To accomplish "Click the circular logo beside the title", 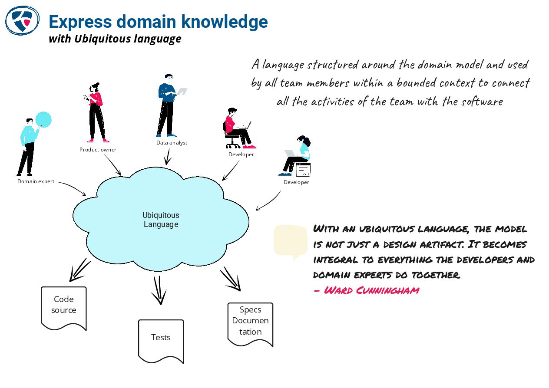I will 22,20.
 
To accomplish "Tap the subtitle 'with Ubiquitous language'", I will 115,39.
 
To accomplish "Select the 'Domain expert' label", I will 36,181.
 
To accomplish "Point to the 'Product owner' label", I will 98,150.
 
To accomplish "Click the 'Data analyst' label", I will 172,143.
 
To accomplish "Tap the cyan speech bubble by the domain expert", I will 43,119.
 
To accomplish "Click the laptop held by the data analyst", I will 182,92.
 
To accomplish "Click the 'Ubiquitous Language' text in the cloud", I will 161,220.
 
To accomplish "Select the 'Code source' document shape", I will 64,307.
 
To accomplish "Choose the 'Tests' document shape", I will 161,340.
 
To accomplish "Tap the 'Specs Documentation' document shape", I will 250,323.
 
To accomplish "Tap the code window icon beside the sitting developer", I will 304,170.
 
